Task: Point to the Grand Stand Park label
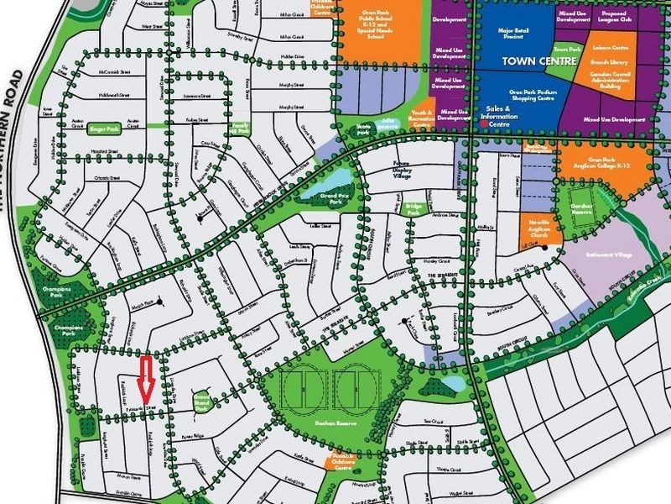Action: tap(201, 401)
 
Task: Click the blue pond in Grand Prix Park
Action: tap(339, 183)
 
